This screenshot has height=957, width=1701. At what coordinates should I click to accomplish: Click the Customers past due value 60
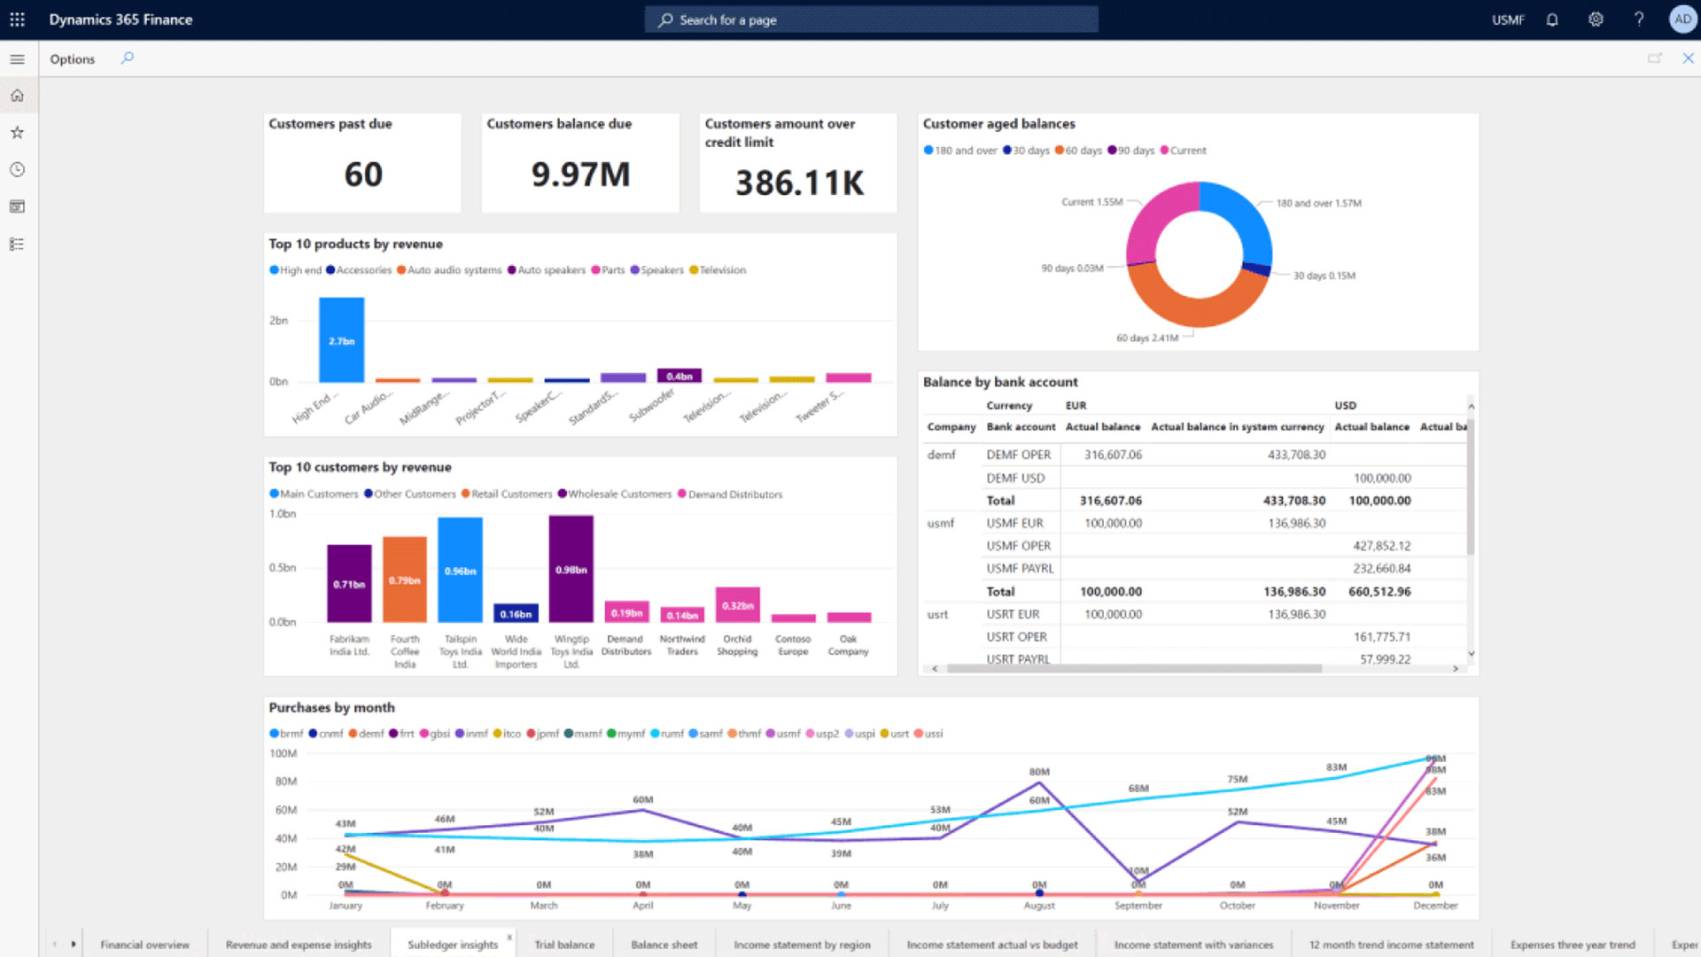(363, 175)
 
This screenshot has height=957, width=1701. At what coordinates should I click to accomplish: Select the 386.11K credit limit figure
(799, 183)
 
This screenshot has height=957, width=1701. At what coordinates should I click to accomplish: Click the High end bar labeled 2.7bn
(341, 340)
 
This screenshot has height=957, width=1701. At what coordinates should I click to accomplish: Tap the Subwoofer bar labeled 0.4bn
(679, 376)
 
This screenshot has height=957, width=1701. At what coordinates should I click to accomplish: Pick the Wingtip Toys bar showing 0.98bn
(571, 569)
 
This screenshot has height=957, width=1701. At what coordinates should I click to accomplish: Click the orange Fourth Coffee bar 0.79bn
(404, 580)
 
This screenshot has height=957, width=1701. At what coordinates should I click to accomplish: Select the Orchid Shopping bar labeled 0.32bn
(737, 604)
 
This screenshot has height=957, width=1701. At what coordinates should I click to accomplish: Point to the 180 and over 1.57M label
(1318, 203)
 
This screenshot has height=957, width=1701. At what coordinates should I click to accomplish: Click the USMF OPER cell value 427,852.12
(1381, 546)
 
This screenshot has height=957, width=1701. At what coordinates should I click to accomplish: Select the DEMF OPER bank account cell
(1018, 455)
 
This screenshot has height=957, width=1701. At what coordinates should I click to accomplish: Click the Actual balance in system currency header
(1237, 427)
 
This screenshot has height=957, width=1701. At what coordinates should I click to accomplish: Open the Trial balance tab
(564, 945)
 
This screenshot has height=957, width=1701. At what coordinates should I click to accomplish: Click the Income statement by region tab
(802, 945)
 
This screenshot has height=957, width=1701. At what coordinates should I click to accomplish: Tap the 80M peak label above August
(1039, 772)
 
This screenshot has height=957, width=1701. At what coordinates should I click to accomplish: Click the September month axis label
(1138, 906)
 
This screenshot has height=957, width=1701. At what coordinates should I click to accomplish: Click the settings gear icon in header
(1596, 19)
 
